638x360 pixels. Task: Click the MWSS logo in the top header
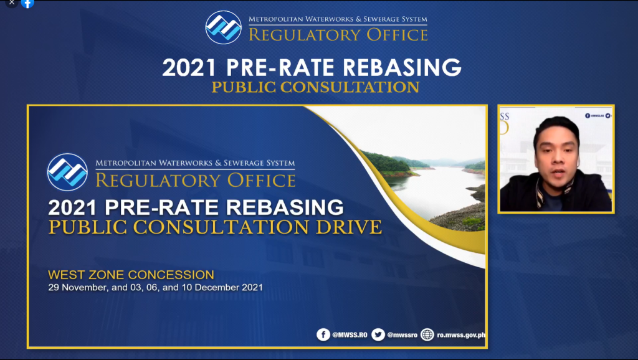(x=224, y=27)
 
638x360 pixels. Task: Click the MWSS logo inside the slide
(x=67, y=172)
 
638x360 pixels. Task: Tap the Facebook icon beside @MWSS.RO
(x=323, y=335)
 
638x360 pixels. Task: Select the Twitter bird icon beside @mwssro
(x=378, y=335)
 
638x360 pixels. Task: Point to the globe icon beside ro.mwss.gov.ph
(x=427, y=335)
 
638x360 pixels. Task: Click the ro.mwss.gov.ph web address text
(x=461, y=335)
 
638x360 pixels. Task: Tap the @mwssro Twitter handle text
(x=402, y=335)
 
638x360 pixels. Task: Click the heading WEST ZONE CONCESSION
(x=131, y=275)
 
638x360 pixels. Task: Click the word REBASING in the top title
(x=402, y=67)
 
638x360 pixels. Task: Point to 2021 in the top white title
(x=189, y=67)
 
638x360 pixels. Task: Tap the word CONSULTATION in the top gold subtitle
(x=350, y=87)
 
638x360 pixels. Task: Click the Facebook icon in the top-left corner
(x=27, y=3)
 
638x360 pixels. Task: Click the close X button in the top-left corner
(x=11, y=2)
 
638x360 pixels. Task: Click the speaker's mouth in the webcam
(x=558, y=174)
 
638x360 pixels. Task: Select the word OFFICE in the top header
(x=397, y=35)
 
